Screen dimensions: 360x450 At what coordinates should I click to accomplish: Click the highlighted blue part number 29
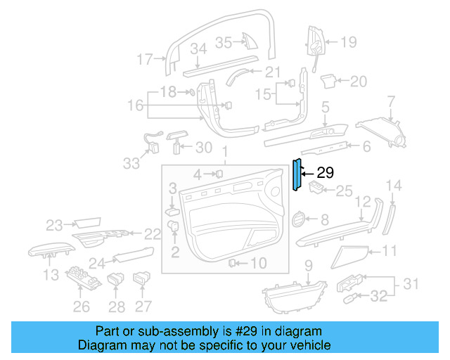click(297, 174)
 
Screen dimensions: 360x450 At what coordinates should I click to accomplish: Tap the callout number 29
click(325, 172)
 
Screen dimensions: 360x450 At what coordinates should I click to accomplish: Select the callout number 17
click(144, 60)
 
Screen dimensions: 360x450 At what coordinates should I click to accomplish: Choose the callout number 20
click(359, 82)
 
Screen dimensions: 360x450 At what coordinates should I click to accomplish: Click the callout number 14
click(395, 186)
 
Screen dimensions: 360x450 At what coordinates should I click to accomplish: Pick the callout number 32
click(378, 297)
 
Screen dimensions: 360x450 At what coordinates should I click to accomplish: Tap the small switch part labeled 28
click(116, 281)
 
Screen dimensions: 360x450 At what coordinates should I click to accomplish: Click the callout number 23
click(54, 225)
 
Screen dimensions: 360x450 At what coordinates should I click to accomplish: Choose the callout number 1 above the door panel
click(225, 152)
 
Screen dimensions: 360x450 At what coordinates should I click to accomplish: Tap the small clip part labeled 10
click(232, 263)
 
